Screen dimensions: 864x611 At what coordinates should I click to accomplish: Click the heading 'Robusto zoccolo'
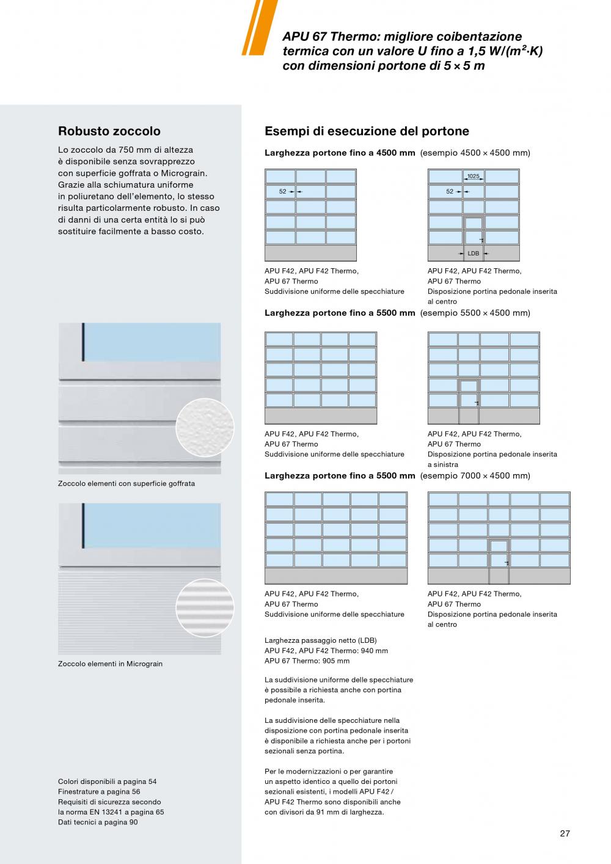(109, 131)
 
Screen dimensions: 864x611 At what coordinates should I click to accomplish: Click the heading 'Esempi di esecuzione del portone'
(367, 131)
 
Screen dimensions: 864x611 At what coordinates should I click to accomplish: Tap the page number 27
(565, 833)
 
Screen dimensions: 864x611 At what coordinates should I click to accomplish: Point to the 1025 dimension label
(474, 177)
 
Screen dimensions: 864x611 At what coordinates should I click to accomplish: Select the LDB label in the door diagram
(474, 253)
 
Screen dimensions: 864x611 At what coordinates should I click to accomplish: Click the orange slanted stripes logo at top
(259, 27)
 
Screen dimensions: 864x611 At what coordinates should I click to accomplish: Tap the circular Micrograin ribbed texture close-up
(205, 608)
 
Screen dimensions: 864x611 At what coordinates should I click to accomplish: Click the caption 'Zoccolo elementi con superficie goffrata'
(126, 483)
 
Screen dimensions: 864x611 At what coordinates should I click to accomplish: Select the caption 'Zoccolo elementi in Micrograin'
(110, 664)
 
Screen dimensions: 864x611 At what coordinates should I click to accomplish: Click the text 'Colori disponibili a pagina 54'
(107, 782)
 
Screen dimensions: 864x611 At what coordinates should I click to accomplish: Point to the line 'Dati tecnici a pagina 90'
(98, 822)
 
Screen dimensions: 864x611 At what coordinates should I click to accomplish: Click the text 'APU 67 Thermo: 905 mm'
(307, 661)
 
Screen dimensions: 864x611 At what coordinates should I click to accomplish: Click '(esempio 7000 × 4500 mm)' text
(475, 475)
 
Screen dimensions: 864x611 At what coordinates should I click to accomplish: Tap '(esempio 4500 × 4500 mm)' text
(475, 153)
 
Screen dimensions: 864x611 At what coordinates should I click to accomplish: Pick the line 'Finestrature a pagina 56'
(99, 792)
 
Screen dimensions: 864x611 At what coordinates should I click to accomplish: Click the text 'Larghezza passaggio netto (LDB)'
(321, 640)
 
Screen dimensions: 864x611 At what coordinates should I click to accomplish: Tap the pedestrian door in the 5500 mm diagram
(469, 401)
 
